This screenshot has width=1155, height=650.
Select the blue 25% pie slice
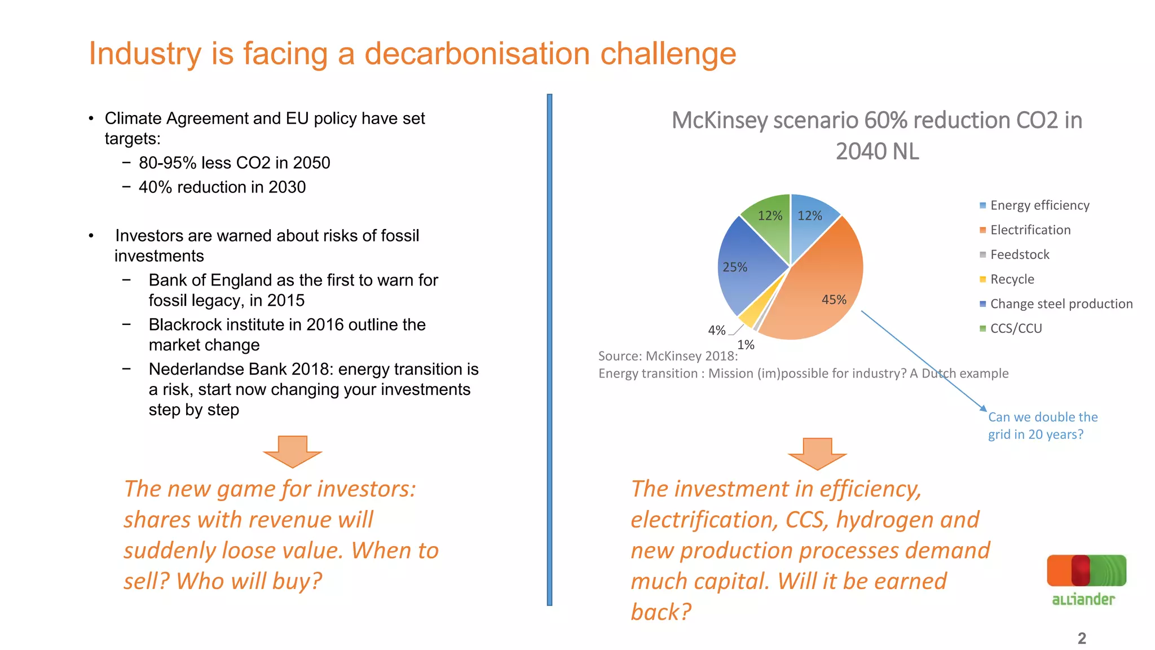pyautogui.click(x=744, y=265)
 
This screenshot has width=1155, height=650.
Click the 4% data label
pyautogui.click(x=716, y=330)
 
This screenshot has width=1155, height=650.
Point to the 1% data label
pyautogui.click(x=746, y=345)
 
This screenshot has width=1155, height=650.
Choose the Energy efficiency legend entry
pyautogui.click(x=1039, y=205)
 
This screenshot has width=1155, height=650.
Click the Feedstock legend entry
pyautogui.click(x=1019, y=254)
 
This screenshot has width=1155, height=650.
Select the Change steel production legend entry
pyautogui.click(x=1060, y=304)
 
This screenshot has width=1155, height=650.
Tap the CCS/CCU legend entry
pyautogui.click(x=1015, y=328)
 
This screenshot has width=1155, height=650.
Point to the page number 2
pyautogui.click(x=1081, y=638)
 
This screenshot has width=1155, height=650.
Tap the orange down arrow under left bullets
pyautogui.click(x=292, y=451)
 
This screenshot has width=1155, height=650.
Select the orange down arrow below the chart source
pyautogui.click(x=817, y=453)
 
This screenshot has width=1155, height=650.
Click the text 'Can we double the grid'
pyautogui.click(x=1042, y=418)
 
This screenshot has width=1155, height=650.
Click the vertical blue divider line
pyautogui.click(x=549, y=350)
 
